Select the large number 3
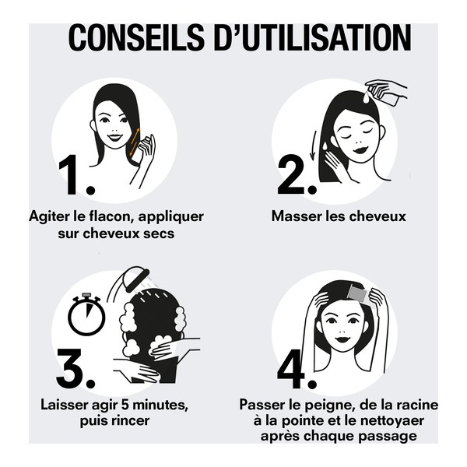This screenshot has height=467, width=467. tap(75, 369)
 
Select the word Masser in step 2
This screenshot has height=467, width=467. tap(295, 216)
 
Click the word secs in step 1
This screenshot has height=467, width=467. tap(157, 233)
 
